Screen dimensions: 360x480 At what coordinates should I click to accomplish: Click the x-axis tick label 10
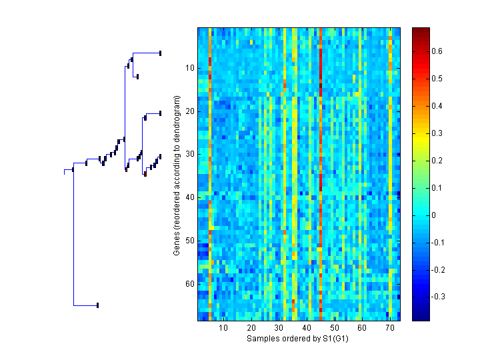point(223,328)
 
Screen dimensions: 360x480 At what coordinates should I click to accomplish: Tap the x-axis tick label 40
point(306,328)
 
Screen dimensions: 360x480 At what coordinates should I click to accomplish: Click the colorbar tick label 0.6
point(437,51)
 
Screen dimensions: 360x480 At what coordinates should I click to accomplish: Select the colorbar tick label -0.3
point(439,297)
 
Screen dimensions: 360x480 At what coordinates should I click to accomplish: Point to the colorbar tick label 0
point(435,215)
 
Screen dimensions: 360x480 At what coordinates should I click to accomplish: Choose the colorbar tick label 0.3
point(437,133)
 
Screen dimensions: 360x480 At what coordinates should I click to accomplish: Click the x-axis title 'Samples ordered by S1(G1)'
point(298,339)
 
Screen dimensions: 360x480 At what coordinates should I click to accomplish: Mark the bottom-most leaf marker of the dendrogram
point(97,305)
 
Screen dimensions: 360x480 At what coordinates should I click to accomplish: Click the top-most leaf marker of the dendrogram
point(160,53)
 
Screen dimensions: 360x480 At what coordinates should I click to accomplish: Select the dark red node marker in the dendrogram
point(145,174)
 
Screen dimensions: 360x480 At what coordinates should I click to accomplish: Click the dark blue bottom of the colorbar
point(421,317)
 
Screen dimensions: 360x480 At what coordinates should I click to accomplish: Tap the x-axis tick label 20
point(251,328)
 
